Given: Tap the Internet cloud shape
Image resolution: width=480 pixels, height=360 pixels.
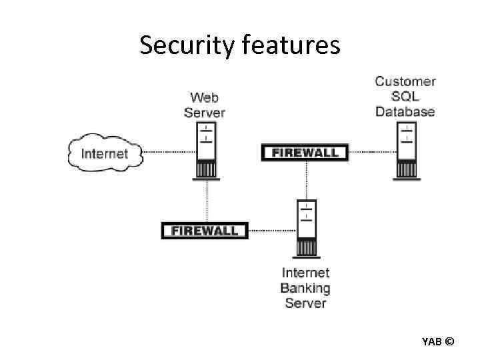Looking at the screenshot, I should click(x=105, y=153).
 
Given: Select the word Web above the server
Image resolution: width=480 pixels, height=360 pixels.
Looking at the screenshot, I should click(x=205, y=98).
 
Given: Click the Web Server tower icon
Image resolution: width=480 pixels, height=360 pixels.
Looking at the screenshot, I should click(x=206, y=151).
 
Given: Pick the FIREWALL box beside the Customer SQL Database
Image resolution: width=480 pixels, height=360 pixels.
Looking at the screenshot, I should click(x=305, y=153).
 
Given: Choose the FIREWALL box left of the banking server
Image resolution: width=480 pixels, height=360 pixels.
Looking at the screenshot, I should click(x=205, y=231).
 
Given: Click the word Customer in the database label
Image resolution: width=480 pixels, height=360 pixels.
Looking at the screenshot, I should click(x=405, y=82).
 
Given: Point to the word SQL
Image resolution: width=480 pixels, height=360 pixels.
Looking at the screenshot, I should click(x=405, y=97).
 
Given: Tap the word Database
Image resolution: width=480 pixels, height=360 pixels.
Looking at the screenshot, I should click(x=405, y=111).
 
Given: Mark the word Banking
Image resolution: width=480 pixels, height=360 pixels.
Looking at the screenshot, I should click(x=305, y=289).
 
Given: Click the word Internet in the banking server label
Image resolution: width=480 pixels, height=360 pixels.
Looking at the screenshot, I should click(x=305, y=273).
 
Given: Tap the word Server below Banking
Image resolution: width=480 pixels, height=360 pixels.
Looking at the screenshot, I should click(x=305, y=304).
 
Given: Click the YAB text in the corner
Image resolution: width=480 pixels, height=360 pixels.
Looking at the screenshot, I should click(x=431, y=342).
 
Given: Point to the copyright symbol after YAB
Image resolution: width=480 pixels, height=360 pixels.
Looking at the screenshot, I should click(x=449, y=342).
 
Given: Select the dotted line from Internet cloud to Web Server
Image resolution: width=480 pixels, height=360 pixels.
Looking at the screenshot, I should click(x=169, y=152).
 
